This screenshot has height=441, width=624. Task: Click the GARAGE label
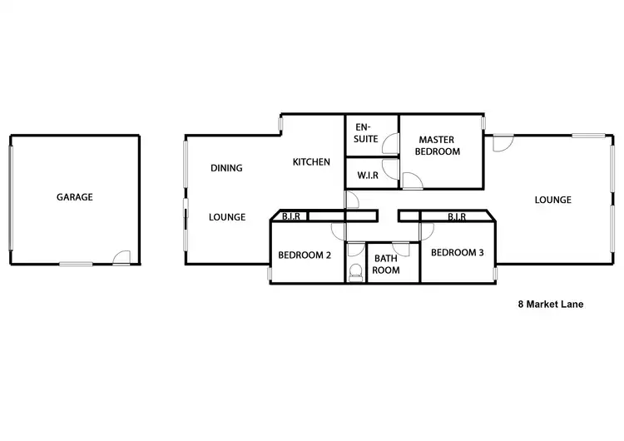pos(74,197)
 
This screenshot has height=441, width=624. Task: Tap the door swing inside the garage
pos(121,258)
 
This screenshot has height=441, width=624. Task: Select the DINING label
pos(226,168)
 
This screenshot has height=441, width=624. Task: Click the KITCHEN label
pos(311,161)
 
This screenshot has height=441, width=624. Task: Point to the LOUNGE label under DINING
pos(226,217)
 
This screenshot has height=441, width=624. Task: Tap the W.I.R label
pos(369,176)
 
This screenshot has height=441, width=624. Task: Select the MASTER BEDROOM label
pos(439,146)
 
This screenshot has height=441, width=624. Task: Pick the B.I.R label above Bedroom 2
pos(290,217)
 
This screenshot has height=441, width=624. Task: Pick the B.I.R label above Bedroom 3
pos(457,217)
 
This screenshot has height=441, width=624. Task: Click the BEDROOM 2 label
pos(305,255)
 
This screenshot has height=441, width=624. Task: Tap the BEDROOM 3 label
pos(458,252)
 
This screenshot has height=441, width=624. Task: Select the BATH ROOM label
pos(386,264)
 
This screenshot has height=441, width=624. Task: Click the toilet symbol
pos(355,270)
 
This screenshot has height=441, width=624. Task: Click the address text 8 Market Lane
pos(550,305)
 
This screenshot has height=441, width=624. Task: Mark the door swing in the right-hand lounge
pos(502,144)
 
